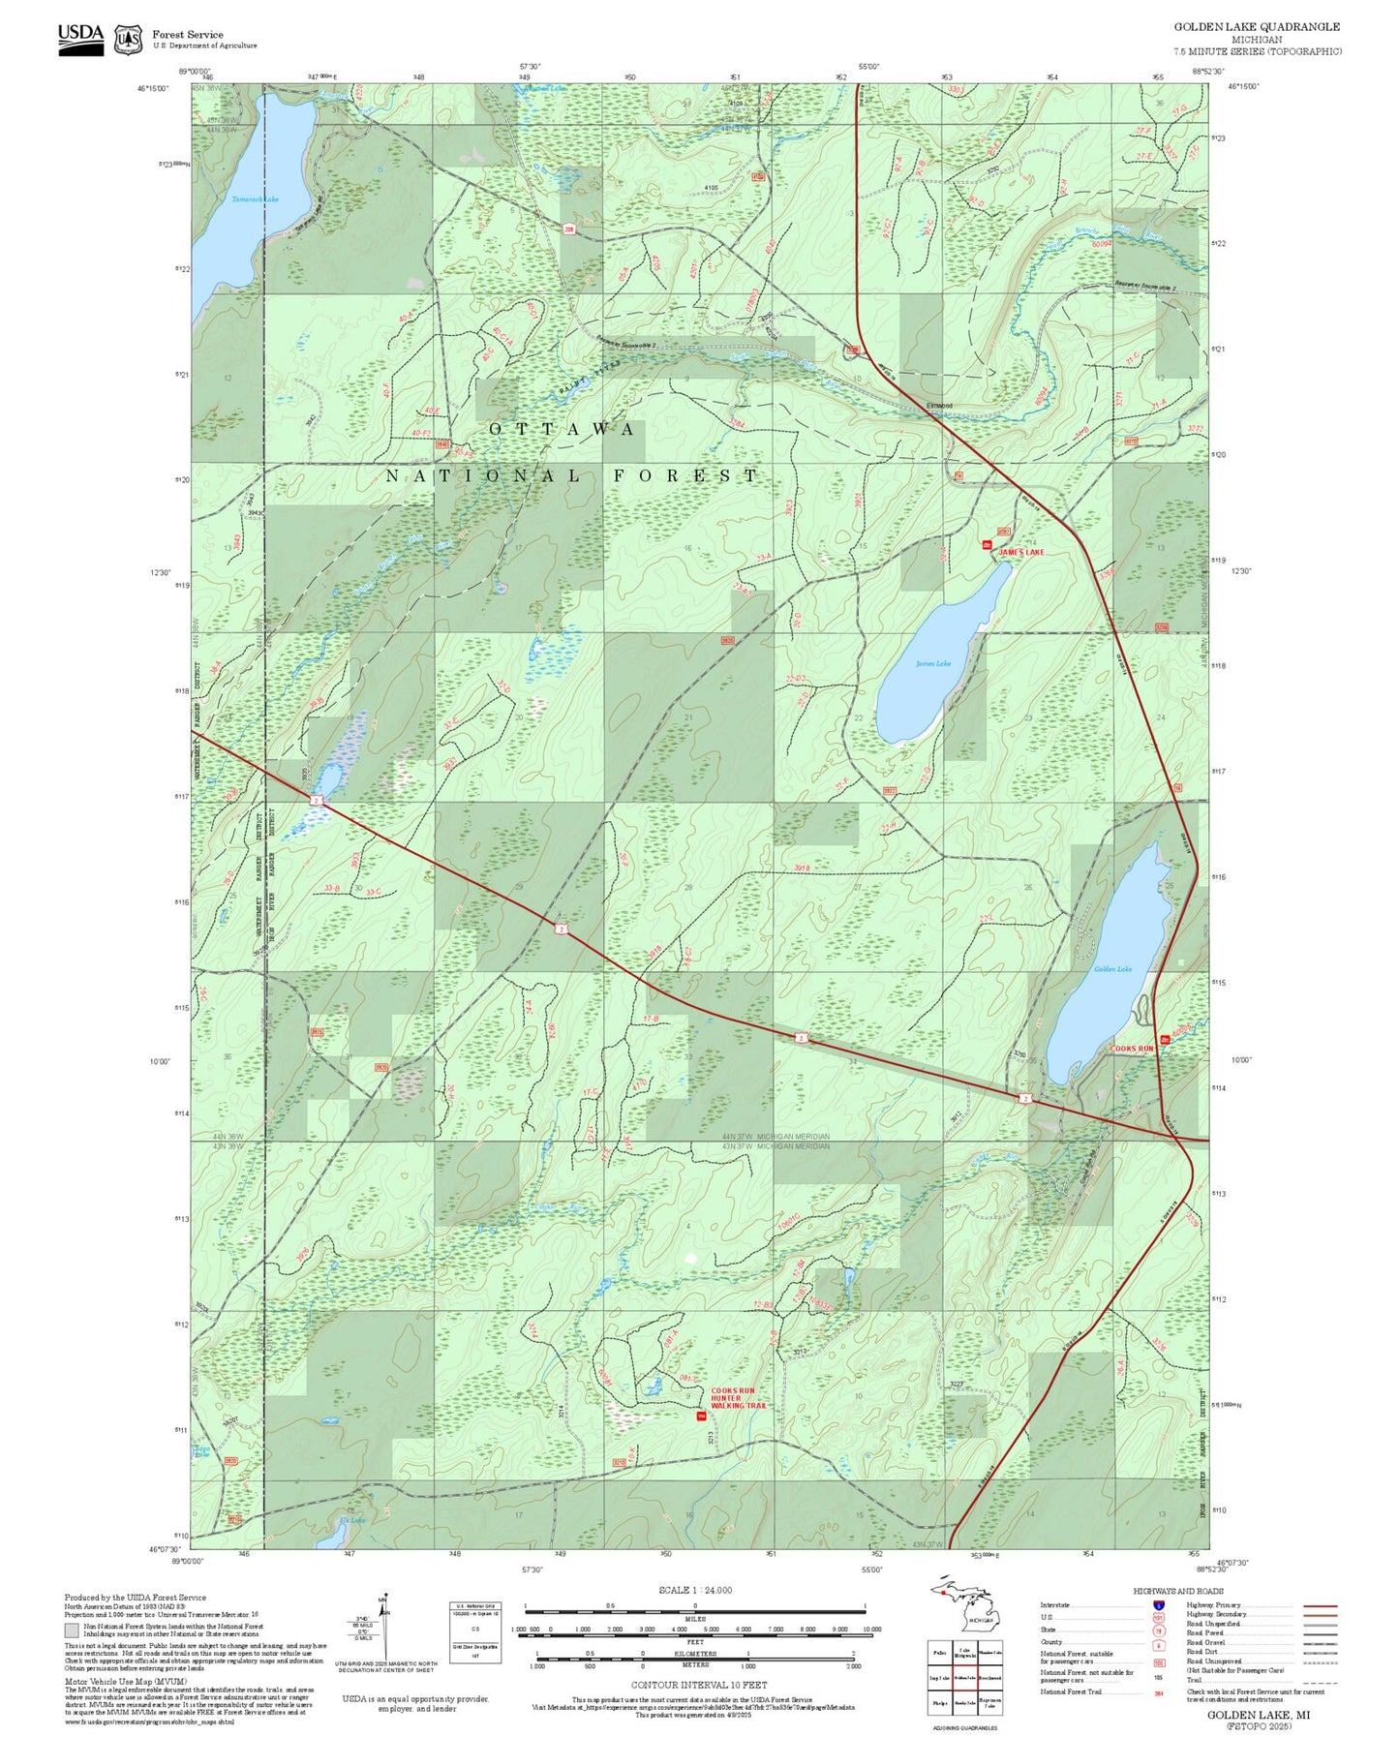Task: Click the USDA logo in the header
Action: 80,38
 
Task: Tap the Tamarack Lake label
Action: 255,199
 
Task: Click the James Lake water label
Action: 933,663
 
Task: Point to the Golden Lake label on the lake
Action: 1112,968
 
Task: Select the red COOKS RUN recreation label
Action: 1132,1049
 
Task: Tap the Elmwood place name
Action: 939,406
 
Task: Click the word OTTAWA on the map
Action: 563,429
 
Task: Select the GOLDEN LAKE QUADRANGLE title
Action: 1257,27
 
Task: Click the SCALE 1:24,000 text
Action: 694,1590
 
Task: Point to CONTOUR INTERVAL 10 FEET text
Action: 698,1685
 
